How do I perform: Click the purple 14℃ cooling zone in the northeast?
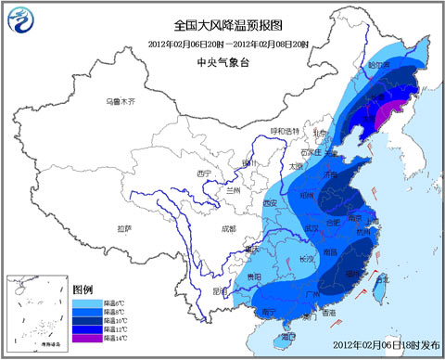coord(383,114)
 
